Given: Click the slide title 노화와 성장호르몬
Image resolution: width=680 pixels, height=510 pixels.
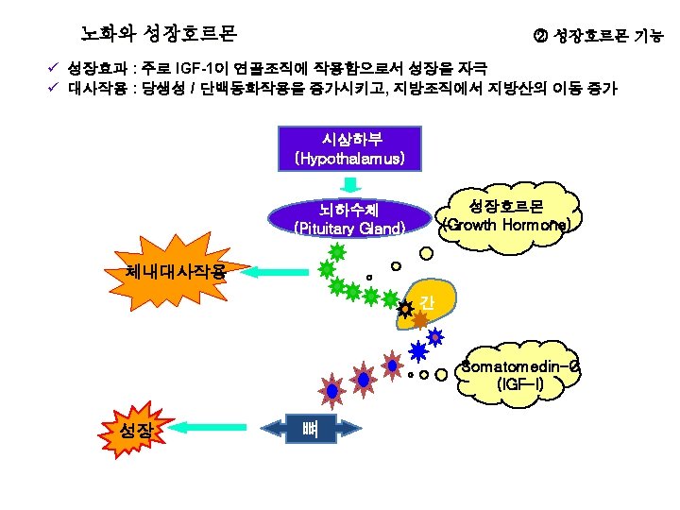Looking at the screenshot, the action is tap(158, 34).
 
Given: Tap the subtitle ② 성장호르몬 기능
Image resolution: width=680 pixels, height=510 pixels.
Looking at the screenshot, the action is tap(598, 37).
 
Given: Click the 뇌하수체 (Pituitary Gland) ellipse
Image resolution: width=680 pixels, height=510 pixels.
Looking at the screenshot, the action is tap(349, 219).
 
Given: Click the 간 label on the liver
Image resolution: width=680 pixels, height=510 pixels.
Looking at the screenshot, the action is tap(428, 302).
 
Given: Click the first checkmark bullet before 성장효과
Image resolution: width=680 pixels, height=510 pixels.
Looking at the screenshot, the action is tap(55, 69).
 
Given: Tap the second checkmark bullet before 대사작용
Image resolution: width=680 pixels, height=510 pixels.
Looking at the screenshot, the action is tap(55, 88).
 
